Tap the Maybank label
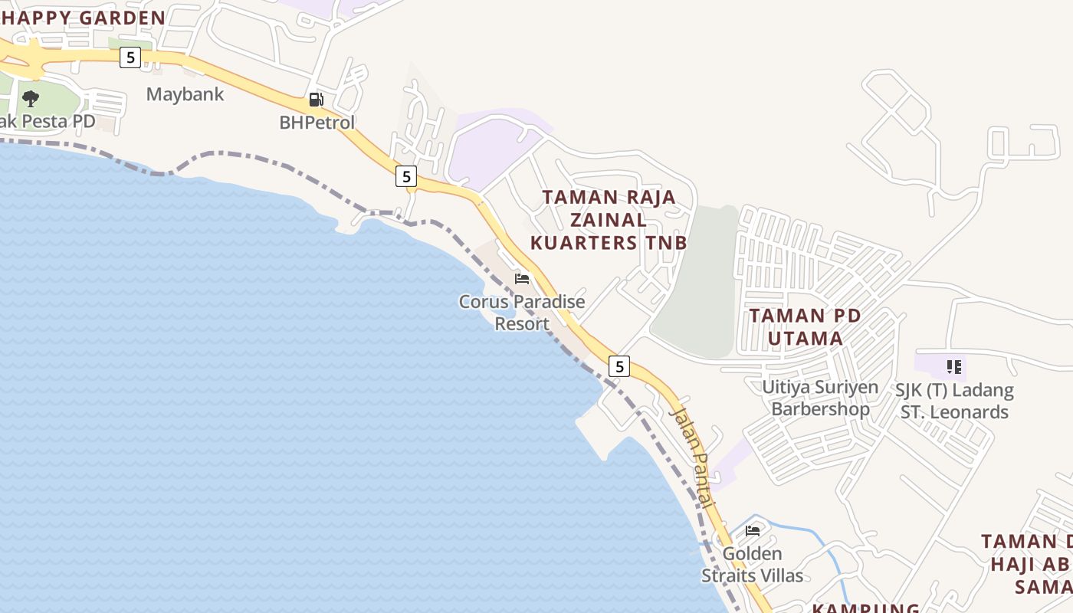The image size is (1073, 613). point(185,94)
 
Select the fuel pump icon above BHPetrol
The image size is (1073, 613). point(316,99)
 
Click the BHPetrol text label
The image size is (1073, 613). point(317,122)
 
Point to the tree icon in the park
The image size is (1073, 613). point(31,98)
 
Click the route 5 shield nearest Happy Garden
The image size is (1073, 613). point(130,57)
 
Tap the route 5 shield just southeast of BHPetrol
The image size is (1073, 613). point(406,176)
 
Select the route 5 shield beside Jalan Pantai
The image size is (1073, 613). point(619,366)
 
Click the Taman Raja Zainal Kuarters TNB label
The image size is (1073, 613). point(609,220)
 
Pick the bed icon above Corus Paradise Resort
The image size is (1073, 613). point(522,278)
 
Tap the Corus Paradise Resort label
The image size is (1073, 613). point(522,313)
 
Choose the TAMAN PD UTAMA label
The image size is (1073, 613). point(805,326)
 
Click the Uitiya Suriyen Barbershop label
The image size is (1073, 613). point(820,398)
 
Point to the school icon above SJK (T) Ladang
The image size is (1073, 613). point(953,367)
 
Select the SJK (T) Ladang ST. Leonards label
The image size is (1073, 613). point(954,401)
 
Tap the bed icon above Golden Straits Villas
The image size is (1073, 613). point(753,530)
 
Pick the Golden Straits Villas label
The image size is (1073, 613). point(753,565)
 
